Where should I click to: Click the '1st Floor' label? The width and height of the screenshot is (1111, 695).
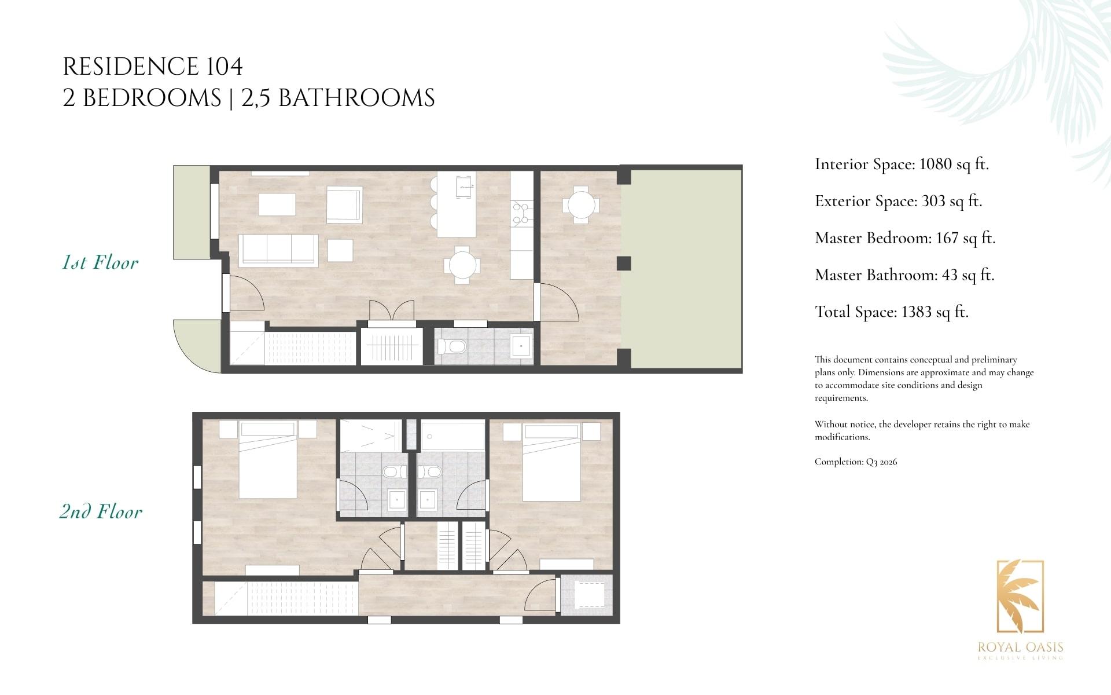point(100,262)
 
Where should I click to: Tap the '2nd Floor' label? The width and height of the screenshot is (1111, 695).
point(101,511)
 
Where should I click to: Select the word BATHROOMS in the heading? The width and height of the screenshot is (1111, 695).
point(356,98)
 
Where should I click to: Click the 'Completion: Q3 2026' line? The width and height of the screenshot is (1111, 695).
point(856,462)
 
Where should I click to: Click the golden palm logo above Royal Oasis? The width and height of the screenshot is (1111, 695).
point(1020,597)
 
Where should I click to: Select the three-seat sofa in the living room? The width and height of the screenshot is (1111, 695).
point(279,250)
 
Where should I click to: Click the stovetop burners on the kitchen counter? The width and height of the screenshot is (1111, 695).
point(520,213)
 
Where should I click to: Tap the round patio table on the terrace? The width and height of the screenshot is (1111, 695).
point(581,204)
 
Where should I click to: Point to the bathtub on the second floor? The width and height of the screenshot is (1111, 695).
point(453,435)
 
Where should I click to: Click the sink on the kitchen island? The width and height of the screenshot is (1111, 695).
point(465,186)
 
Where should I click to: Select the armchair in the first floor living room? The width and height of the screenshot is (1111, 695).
point(344,204)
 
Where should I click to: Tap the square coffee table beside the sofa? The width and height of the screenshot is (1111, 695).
point(340,250)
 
